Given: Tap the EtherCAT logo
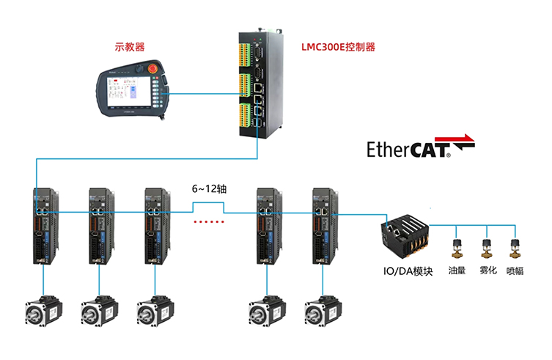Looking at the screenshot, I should [x=420, y=149].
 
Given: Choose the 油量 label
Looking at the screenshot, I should [x=457, y=271].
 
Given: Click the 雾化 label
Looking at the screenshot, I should [x=488, y=271].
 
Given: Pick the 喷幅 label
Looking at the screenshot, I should [x=516, y=271].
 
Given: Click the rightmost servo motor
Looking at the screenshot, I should [x=323, y=311].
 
